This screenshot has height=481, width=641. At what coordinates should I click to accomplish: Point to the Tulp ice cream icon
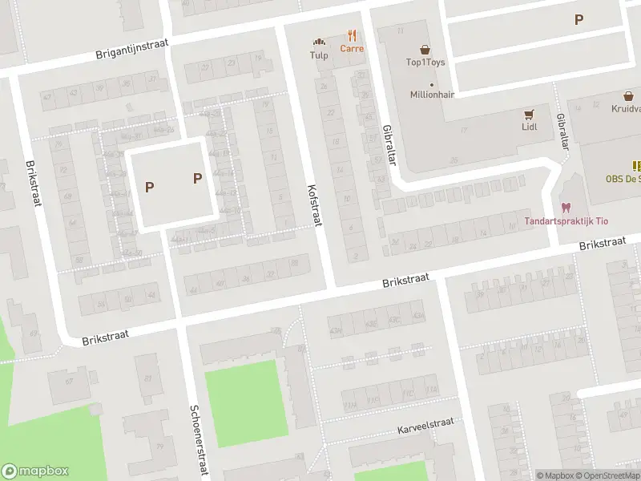click(x=320, y=42)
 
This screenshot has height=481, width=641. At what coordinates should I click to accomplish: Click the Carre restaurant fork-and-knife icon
click(x=352, y=35)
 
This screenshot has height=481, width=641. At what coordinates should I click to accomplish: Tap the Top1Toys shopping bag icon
click(x=425, y=49)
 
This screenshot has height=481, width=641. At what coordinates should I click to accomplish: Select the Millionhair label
click(x=432, y=95)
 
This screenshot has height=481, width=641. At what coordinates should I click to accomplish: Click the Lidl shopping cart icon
click(x=529, y=115)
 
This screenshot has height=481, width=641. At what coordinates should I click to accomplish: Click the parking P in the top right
click(x=579, y=20)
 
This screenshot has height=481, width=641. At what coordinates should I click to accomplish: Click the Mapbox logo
click(x=34, y=471)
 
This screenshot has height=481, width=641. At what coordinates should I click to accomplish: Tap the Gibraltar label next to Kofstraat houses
click(x=390, y=145)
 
